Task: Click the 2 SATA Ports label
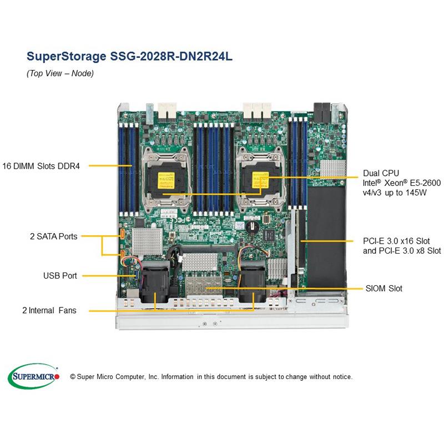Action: click(53, 236)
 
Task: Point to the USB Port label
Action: click(60, 275)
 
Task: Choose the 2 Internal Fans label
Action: click(49, 311)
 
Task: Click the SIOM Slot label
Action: click(384, 289)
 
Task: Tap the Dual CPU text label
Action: click(381, 173)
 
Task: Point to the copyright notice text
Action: click(211, 377)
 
